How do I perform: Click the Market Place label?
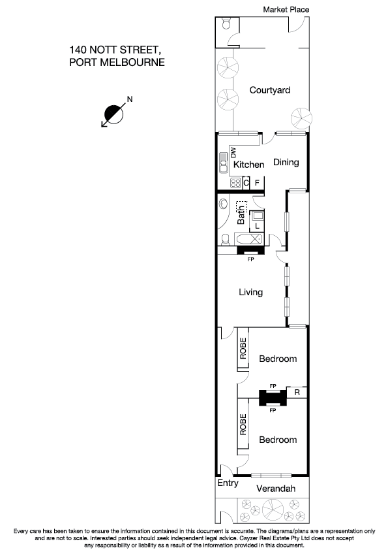tap(286, 9)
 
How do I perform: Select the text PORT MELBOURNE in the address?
tap(116, 63)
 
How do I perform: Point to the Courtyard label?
tap(269, 90)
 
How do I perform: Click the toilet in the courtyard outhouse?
tap(226, 24)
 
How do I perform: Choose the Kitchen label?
tap(248, 165)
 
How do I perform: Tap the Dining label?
tap(286, 162)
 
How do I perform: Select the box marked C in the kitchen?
tap(246, 183)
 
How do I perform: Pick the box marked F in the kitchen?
tap(258, 183)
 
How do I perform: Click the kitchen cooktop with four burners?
tap(235, 183)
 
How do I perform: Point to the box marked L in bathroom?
tap(258, 226)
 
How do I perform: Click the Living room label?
tap(250, 292)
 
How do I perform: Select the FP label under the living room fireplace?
tap(249, 259)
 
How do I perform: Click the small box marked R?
tap(297, 393)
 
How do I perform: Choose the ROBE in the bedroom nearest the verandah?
tap(243, 425)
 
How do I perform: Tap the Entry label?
tap(228, 483)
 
